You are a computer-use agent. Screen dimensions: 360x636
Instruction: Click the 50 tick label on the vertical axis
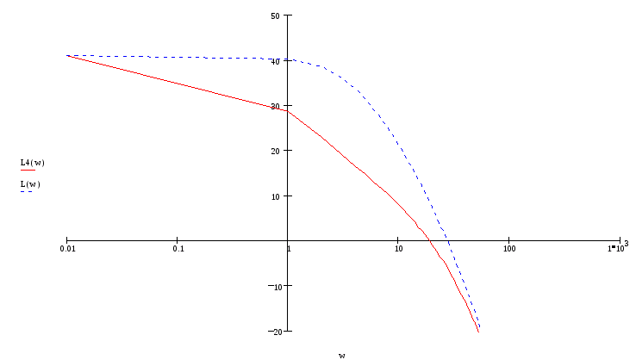click(275, 16)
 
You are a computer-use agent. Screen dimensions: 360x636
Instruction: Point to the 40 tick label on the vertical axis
click(275, 61)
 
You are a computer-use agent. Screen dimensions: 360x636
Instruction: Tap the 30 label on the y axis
click(275, 106)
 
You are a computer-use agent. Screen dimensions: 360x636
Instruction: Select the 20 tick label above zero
click(275, 151)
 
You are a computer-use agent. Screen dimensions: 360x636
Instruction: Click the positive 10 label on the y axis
click(275, 196)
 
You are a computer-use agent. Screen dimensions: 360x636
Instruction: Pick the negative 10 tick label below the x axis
click(277, 286)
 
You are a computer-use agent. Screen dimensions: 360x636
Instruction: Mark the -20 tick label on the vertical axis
click(276, 331)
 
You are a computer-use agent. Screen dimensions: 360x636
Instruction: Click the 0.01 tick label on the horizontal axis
click(67, 249)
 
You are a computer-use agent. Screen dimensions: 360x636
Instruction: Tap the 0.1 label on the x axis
click(178, 249)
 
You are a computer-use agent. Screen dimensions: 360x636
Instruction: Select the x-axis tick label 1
click(289, 249)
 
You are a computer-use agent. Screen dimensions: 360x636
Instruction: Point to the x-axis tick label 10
click(398, 249)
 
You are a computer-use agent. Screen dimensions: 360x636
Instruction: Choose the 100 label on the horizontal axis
click(508, 249)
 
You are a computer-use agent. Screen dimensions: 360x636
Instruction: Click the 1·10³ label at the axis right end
click(617, 248)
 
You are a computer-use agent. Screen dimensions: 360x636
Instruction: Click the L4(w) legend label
click(32, 162)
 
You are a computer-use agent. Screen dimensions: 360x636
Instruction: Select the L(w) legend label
click(30, 183)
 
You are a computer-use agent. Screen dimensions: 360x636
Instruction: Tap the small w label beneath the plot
click(341, 354)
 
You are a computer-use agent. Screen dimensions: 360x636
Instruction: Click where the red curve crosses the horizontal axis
click(430, 240)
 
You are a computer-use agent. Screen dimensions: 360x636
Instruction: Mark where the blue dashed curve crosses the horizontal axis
click(448, 240)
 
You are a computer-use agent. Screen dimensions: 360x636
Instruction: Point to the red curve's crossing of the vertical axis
click(289, 110)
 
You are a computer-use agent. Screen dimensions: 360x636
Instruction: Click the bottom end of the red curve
click(478, 331)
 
